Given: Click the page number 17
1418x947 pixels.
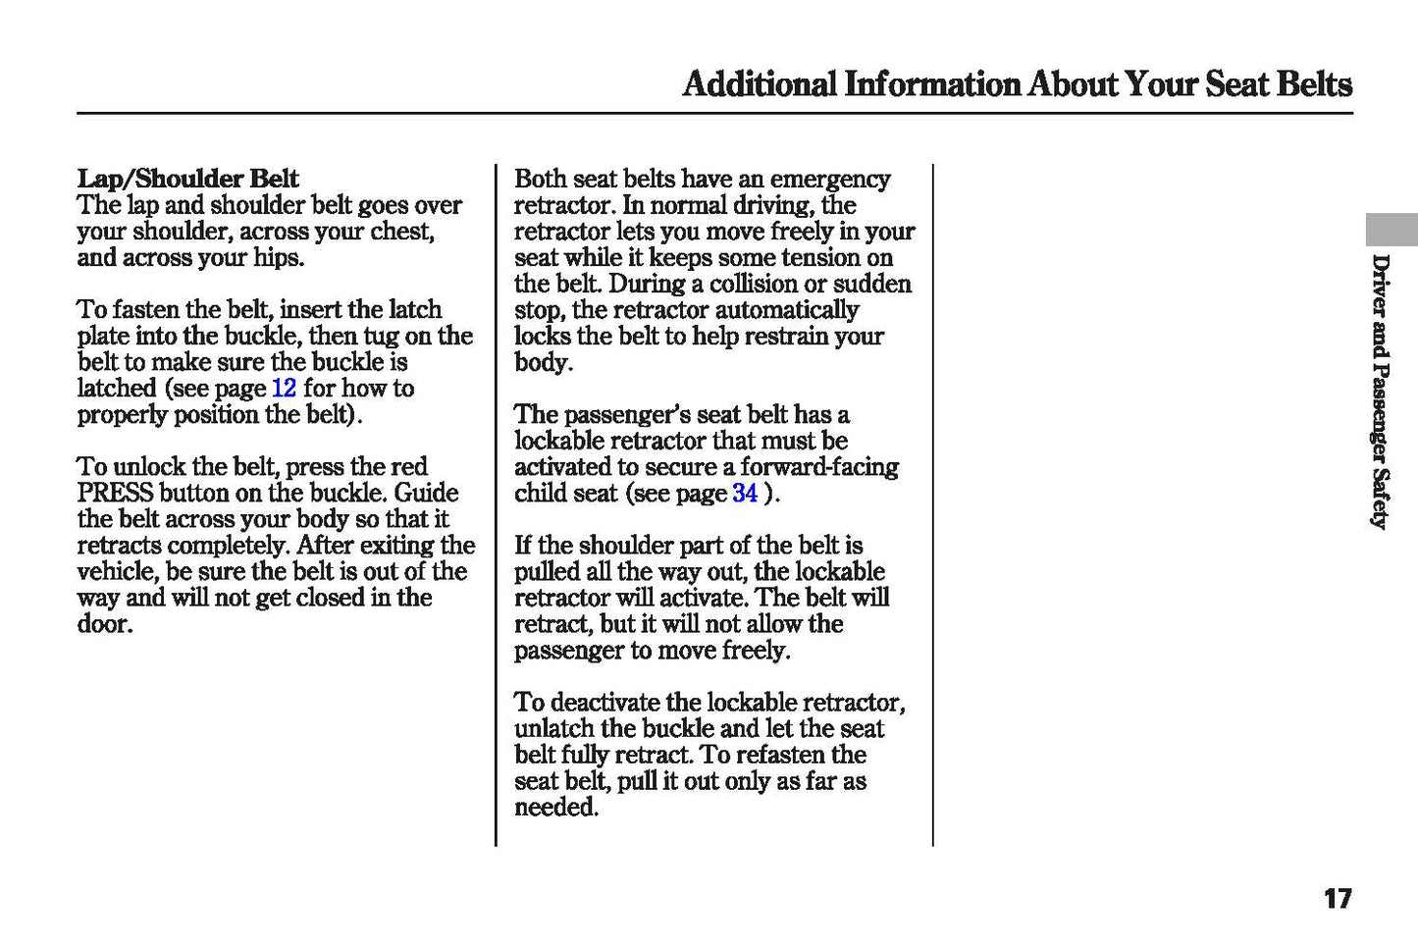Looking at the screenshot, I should (x=1337, y=898).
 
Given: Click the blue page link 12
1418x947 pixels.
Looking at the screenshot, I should (x=284, y=389).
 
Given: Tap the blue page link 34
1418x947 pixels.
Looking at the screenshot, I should (x=745, y=494).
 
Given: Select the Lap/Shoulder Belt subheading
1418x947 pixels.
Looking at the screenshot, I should (x=187, y=179).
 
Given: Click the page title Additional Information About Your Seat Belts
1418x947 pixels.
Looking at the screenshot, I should (x=1017, y=84).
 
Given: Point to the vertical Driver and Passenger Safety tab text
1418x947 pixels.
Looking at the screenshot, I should (x=1380, y=392).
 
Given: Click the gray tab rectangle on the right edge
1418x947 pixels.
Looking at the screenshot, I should (x=1392, y=229).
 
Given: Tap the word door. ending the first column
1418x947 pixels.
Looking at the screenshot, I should (x=104, y=625).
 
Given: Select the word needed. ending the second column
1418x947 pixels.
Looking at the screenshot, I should (x=555, y=809).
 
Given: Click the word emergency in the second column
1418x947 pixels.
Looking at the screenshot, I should (x=830, y=179).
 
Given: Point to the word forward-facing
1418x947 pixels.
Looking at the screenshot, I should (x=819, y=467).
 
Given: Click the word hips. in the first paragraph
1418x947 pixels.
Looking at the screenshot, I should (x=279, y=258).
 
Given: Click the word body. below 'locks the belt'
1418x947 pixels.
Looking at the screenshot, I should (x=543, y=363).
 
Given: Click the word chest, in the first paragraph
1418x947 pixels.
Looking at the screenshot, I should (x=402, y=232).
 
